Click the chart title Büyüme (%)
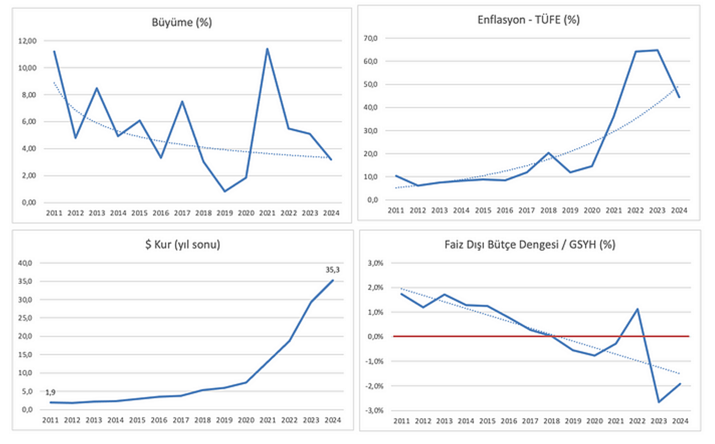click(182, 23)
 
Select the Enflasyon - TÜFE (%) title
click(528, 20)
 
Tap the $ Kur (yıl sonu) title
click(182, 244)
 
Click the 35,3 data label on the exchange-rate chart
click(333, 271)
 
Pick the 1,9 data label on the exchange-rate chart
click(50, 392)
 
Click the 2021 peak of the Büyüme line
click(267, 49)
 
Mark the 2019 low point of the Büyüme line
click(225, 192)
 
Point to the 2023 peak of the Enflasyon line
click(658, 50)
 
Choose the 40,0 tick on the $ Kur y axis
click(27, 263)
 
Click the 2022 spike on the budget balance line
click(637, 309)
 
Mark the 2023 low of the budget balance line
click(659, 401)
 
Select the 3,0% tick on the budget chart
click(376, 263)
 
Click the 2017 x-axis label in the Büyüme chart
click(182, 213)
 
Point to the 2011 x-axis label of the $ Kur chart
click(51, 420)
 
